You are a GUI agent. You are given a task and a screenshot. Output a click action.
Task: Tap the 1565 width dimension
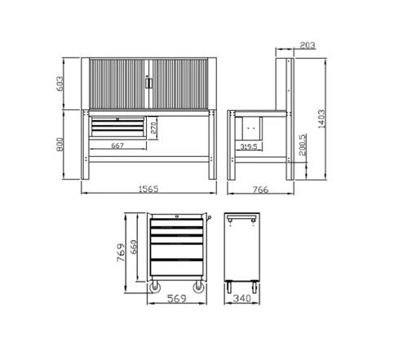click(148, 189)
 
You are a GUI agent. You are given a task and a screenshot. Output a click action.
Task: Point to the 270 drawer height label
click(155, 127)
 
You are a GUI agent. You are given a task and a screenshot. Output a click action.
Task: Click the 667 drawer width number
click(118, 147)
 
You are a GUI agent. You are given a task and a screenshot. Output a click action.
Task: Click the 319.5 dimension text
click(252, 147)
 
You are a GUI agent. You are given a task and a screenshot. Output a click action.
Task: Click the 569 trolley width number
click(177, 300)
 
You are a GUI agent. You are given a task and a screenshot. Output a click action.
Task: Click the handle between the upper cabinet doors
click(147, 82)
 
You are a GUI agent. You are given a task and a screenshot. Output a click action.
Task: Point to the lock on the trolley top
click(177, 216)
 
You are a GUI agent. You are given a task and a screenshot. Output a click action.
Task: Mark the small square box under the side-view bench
click(251, 129)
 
